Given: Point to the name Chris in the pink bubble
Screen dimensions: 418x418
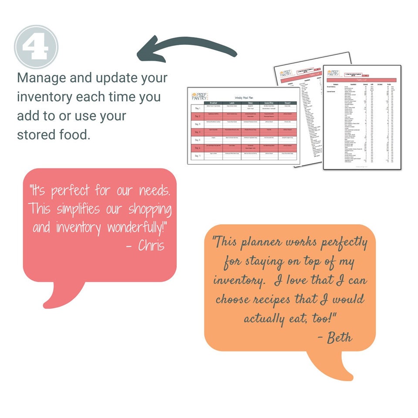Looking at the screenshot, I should [x=151, y=246].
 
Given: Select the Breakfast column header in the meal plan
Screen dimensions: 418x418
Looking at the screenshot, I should [x=213, y=103].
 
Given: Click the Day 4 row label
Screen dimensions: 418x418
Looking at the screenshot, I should [x=197, y=131].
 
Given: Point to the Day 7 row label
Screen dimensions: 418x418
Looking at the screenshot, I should [x=197, y=155].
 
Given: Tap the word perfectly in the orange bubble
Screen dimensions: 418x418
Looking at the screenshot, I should [x=344, y=243].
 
